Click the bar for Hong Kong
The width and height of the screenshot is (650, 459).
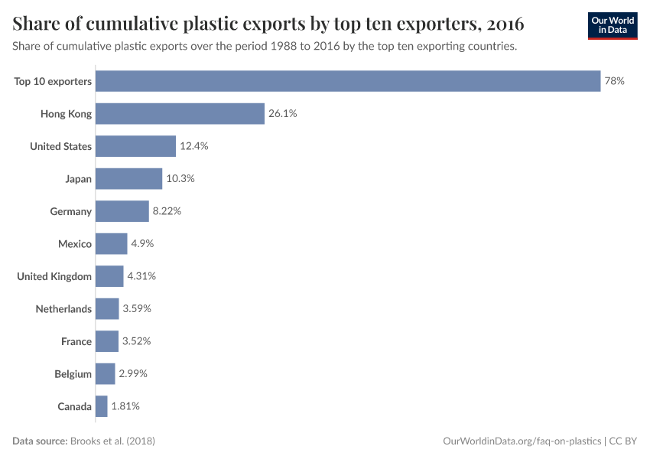point(180,114)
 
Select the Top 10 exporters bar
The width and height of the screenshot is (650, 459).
point(348,81)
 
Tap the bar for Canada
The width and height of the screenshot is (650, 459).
point(102,406)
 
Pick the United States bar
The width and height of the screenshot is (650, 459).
point(135,146)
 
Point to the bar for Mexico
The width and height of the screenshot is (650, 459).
point(112,244)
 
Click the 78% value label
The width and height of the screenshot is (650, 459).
point(615,81)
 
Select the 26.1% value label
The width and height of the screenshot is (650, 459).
point(282,114)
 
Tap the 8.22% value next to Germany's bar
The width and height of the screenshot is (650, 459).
point(167,211)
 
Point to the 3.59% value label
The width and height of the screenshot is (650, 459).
point(137,309)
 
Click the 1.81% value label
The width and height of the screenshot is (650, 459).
point(125,406)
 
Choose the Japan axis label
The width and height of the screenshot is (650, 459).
point(78,179)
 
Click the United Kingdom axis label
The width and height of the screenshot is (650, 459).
point(54,276)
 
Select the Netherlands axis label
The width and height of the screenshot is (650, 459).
point(63,309)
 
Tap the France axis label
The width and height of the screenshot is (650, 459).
point(76,341)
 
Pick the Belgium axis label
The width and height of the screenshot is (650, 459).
point(73,374)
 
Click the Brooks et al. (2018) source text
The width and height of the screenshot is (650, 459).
point(117,441)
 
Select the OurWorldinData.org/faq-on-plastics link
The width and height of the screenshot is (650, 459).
point(522,441)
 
